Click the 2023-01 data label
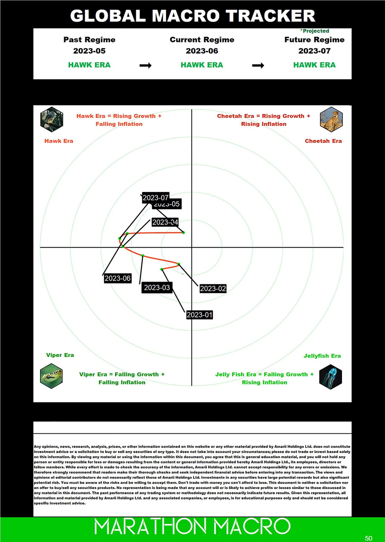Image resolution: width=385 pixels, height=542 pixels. pyautogui.click(x=199, y=315)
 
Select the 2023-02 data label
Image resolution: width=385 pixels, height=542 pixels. pyautogui.click(x=213, y=288)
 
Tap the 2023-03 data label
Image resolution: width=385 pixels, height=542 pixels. pyautogui.click(x=157, y=288)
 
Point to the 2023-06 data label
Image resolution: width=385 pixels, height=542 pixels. pyautogui.click(x=117, y=278)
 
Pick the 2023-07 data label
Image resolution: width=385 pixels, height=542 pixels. pyautogui.click(x=155, y=198)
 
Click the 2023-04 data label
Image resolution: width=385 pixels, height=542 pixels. pyautogui.click(x=165, y=222)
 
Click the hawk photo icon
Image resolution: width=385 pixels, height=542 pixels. pyautogui.click(x=52, y=119)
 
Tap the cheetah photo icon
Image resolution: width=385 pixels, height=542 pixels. pyautogui.click(x=331, y=119)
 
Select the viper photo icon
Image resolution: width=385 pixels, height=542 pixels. pyautogui.click(x=51, y=376)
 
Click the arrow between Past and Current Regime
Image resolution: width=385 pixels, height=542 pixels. pyautogui.click(x=145, y=65)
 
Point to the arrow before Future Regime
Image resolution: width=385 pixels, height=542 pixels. pyautogui.click(x=258, y=65)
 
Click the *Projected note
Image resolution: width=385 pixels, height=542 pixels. pyautogui.click(x=315, y=31)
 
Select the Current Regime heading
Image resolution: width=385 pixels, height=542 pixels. pyautogui.click(x=202, y=40)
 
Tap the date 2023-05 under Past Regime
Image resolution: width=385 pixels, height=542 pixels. pyautogui.click(x=89, y=51)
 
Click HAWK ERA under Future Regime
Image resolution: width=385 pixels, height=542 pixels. pyautogui.click(x=314, y=65)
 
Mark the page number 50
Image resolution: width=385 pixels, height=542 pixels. pyautogui.click(x=368, y=538)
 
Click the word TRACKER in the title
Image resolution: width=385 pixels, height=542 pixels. pyautogui.click(x=270, y=16)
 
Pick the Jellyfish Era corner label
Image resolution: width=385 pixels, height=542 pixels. pyautogui.click(x=322, y=356)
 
